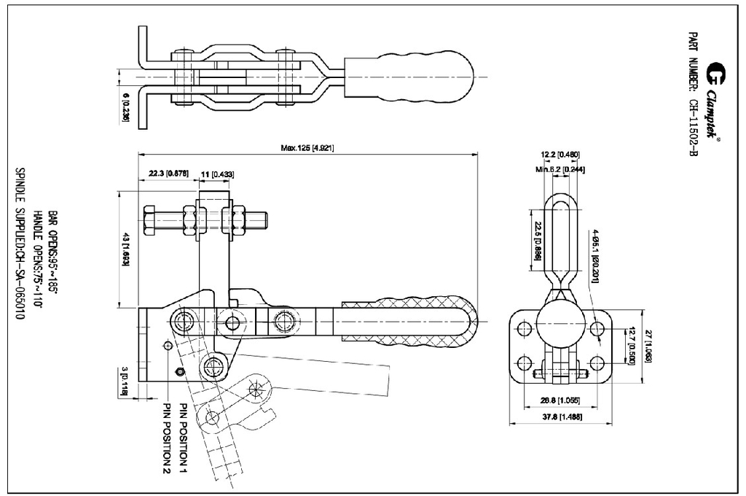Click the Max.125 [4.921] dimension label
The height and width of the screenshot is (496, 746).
click(x=307, y=148)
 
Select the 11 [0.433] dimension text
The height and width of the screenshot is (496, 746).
click(x=217, y=174)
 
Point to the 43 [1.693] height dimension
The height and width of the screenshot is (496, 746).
click(x=126, y=249)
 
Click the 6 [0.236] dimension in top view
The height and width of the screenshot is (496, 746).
click(x=126, y=106)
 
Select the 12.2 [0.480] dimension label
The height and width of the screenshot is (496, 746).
click(x=559, y=154)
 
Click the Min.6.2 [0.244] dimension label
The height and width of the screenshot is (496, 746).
click(x=559, y=169)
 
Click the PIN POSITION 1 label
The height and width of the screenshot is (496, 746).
click(x=184, y=435)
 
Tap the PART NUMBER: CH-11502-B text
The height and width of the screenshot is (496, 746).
click(x=693, y=95)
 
